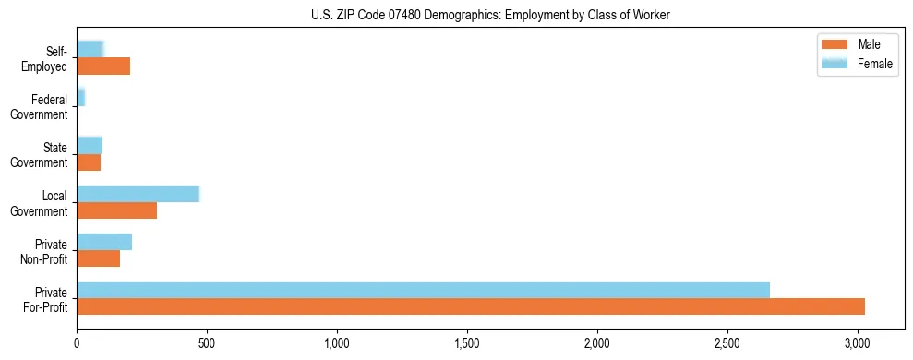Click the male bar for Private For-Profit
coord(471,306)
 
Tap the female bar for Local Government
coord(138,194)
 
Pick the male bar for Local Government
coord(116,210)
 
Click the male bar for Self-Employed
coord(103,66)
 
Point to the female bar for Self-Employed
coord(90,49)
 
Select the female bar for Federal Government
coord(81,97)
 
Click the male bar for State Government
coord(89,162)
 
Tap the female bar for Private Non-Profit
coord(104,242)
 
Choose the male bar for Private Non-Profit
coord(98,258)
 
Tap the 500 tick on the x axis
coord(207,344)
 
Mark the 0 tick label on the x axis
coord(77,344)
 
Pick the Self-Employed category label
coord(46,59)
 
